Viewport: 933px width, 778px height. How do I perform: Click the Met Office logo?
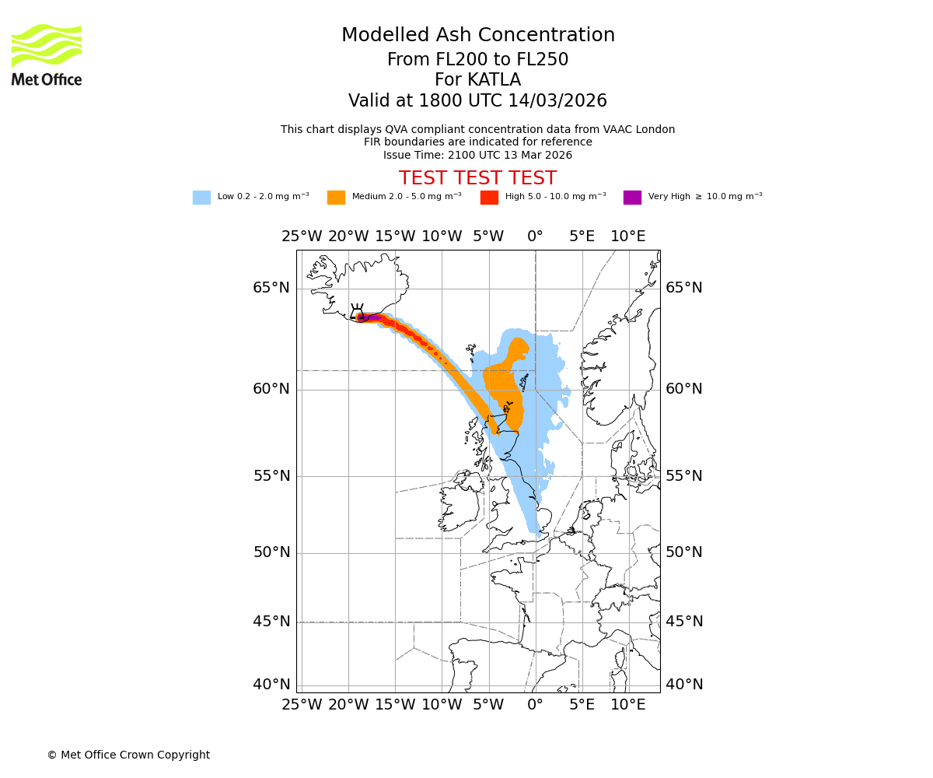pos(47,54)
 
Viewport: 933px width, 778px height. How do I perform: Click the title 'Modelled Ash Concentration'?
pos(477,35)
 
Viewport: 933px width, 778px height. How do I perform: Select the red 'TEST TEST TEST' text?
pos(477,178)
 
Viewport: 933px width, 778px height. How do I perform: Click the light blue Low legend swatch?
pos(201,198)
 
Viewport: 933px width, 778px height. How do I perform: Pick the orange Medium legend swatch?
pos(336,198)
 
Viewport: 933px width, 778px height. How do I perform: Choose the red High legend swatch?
pos(489,198)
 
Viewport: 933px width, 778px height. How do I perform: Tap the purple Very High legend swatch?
pos(632,198)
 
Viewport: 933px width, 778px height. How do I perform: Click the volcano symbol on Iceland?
pos(357,312)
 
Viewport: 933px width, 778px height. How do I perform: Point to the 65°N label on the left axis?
pos(271,288)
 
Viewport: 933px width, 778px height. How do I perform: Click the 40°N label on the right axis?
pos(683,685)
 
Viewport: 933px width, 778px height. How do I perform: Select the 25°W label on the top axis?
pos(302,237)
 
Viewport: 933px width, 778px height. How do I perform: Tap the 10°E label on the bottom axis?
pos(627,705)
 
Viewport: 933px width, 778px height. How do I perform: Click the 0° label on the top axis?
pos(535,237)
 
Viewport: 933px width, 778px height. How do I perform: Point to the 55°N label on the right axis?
pos(683,476)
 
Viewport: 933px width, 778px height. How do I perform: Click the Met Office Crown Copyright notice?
pos(128,755)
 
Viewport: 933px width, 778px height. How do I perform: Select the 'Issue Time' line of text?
pos(477,155)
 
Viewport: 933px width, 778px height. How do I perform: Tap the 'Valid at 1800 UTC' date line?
pos(477,101)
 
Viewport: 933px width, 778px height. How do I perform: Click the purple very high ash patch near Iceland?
pos(372,317)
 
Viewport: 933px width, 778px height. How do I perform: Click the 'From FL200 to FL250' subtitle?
pos(477,60)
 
